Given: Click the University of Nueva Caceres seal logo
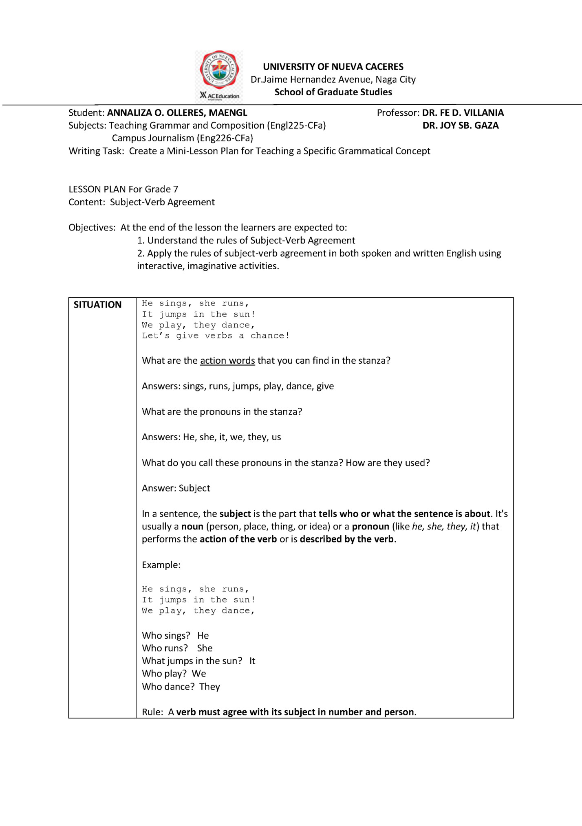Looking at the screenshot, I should pos(219,70).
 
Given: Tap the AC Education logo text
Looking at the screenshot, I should pos(220,96).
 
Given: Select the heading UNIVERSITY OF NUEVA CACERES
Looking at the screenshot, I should pos(333,67).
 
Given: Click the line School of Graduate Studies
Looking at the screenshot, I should pos(333,92).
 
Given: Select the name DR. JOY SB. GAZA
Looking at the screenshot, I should pos(461,125).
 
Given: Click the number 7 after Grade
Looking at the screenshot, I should pos(176,189).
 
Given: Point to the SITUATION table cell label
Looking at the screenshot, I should pos(97,305).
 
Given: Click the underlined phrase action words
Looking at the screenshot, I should pos(227,360).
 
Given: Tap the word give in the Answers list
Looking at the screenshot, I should pos(325,386).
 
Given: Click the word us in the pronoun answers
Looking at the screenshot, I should pos(276,437).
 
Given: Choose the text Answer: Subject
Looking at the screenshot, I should pos(176,488).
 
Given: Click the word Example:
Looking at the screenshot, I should pos(161,565).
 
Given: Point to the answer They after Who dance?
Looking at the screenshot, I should pos(209,687).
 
